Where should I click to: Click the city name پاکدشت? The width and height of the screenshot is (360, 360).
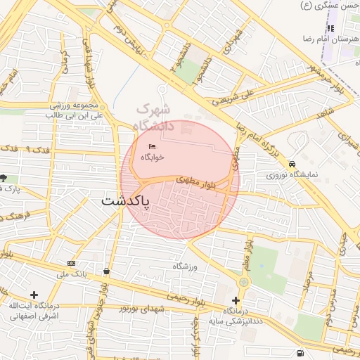[x=126, y=201]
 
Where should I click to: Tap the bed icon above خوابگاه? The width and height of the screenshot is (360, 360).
[x=152, y=146]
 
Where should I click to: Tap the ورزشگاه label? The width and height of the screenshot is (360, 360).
[x=186, y=266]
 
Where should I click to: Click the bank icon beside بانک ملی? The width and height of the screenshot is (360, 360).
[x=71, y=263]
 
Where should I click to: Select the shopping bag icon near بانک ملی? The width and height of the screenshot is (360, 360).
[x=106, y=271]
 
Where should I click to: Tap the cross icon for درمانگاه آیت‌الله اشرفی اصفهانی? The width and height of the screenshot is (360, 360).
[x=33, y=294]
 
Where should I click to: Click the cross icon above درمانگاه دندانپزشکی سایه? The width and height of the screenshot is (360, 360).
[x=236, y=300]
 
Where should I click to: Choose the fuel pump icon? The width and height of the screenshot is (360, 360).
[x=301, y=352]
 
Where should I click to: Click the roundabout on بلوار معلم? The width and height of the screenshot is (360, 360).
[x=243, y=281]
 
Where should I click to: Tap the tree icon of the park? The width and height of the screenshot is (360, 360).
[x=4, y=179]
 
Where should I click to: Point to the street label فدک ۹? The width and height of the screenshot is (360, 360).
[x=19, y=148]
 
